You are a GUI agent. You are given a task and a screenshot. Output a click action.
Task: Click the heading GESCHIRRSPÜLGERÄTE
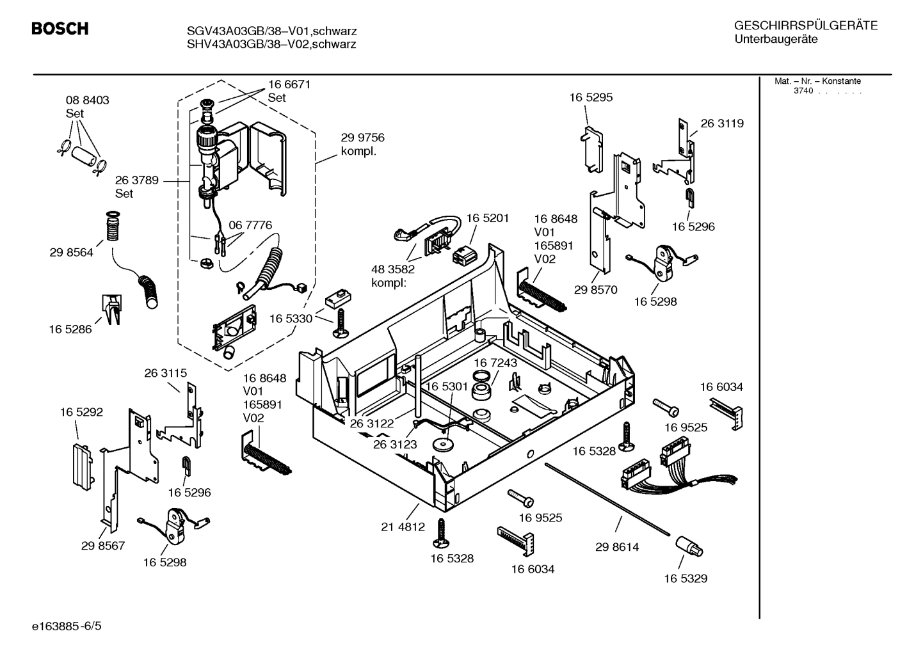(805, 26)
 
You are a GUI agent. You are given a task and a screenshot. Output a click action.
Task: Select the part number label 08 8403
(88, 100)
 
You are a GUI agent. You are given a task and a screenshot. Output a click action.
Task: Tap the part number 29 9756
(362, 138)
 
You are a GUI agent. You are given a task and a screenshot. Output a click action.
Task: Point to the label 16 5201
(487, 218)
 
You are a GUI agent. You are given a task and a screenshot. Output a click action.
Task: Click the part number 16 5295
(590, 97)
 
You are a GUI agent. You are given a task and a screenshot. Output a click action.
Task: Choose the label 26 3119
(722, 123)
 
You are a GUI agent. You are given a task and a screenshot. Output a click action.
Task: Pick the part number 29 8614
(616, 547)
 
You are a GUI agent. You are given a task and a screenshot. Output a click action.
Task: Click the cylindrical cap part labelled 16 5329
(688, 547)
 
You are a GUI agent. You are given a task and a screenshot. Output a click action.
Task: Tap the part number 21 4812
(403, 527)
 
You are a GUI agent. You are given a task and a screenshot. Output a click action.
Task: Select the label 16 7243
(495, 363)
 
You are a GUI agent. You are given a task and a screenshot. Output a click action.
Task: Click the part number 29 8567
(102, 546)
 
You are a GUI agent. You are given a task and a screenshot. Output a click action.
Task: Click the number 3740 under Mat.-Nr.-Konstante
(803, 91)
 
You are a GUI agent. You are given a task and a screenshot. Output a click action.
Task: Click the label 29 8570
(595, 290)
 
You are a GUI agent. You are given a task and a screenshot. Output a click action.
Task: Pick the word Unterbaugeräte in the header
(776, 40)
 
